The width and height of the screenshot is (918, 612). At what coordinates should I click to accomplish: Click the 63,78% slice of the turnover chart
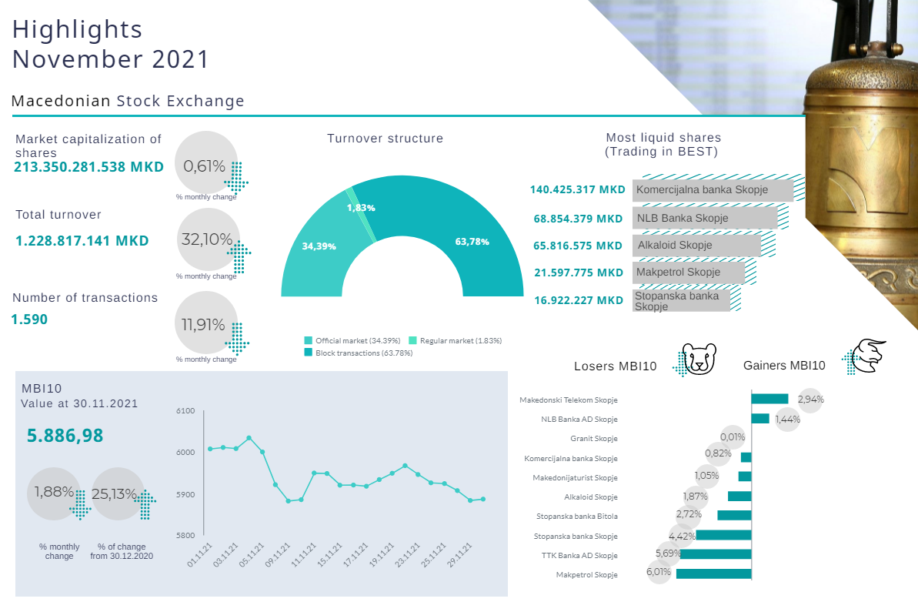469,231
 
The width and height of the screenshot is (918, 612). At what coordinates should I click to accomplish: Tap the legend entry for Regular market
455,340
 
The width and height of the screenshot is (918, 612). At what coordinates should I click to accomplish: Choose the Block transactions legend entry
359,353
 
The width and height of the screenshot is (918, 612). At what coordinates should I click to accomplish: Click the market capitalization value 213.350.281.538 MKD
88,166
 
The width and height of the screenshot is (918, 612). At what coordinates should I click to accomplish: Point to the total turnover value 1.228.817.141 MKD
82,241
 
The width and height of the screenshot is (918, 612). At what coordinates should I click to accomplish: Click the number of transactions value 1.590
29,319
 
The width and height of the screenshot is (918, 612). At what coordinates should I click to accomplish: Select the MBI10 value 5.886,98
65,436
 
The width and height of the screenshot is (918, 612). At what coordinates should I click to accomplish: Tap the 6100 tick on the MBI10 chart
185,412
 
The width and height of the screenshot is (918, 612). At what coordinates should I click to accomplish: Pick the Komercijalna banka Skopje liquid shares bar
713,189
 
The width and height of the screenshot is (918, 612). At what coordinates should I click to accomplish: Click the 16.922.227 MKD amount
578,300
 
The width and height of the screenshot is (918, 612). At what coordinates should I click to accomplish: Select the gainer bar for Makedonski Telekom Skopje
769,399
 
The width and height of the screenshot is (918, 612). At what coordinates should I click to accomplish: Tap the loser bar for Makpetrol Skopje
713,574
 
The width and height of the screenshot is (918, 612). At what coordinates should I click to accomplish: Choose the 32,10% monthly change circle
208,239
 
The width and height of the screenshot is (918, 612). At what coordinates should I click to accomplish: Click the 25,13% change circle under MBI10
119,493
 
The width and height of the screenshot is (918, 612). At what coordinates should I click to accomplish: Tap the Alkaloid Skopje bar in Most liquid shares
697,246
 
